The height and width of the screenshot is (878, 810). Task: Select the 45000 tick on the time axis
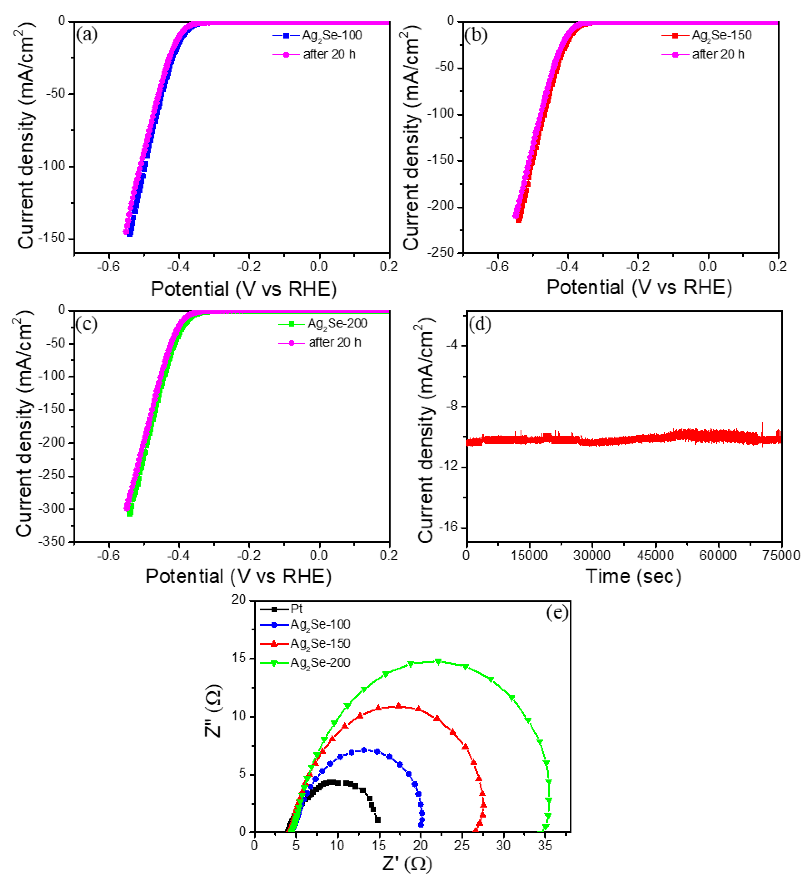click(x=655, y=556)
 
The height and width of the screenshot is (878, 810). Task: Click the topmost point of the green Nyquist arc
click(x=438, y=661)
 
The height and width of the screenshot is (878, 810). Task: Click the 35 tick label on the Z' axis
click(x=545, y=846)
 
